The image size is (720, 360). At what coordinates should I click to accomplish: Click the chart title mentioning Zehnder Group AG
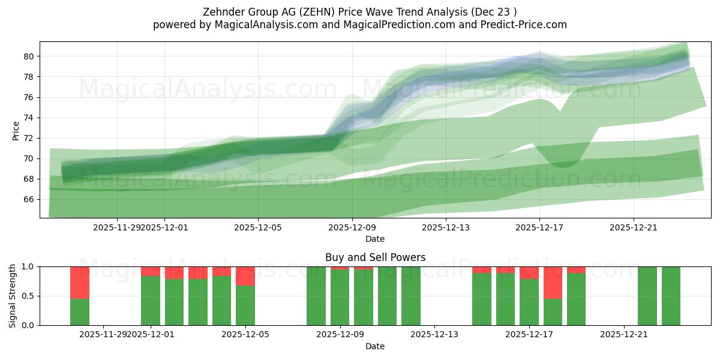tap(359, 12)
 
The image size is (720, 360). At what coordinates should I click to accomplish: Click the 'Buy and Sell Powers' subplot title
tap(375, 257)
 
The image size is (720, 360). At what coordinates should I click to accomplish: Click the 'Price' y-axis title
tap(16, 130)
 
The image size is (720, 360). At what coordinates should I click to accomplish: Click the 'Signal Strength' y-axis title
tap(13, 295)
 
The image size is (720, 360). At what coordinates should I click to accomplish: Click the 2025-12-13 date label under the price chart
tap(445, 227)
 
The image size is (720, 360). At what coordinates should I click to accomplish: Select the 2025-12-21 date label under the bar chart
tap(624, 334)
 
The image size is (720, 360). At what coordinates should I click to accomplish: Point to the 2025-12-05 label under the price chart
tap(258, 227)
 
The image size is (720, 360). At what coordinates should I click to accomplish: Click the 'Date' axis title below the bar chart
tap(375, 346)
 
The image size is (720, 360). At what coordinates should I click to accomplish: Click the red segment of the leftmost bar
tap(80, 282)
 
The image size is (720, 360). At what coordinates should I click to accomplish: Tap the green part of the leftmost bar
tap(80, 312)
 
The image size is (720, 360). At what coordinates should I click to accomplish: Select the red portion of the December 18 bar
tap(553, 282)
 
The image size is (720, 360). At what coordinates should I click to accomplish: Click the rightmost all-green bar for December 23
tap(671, 296)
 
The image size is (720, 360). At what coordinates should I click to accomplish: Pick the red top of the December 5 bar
tap(245, 276)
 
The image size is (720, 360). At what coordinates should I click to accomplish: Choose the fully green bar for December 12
tap(411, 296)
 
